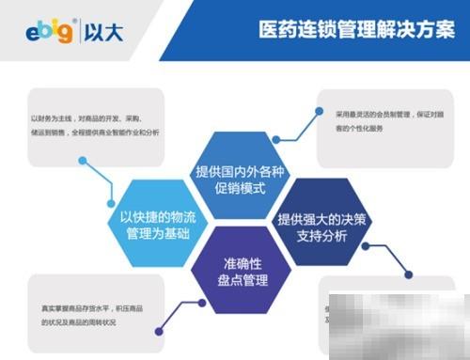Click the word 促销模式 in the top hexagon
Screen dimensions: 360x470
[x=236, y=189]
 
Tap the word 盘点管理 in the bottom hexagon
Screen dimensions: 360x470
[x=235, y=280]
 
